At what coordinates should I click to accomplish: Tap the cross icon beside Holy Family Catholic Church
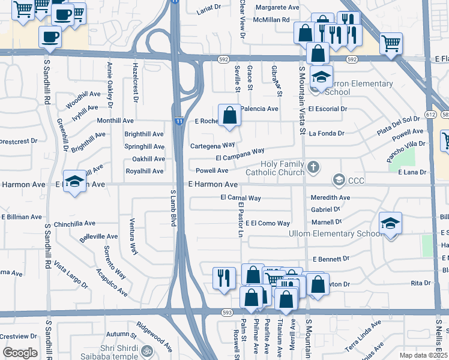312,166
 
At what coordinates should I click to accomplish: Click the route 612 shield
430,114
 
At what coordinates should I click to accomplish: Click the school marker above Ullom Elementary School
390,224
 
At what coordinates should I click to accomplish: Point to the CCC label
355,180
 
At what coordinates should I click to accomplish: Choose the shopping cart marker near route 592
391,43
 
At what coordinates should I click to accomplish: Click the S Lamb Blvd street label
173,208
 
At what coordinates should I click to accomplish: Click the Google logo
20,352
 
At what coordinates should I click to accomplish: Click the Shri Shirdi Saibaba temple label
106,350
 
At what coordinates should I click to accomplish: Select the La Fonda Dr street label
327,134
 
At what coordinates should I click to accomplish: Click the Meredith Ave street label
330,197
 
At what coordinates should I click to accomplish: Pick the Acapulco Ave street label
111,282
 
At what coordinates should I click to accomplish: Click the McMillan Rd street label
272,19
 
